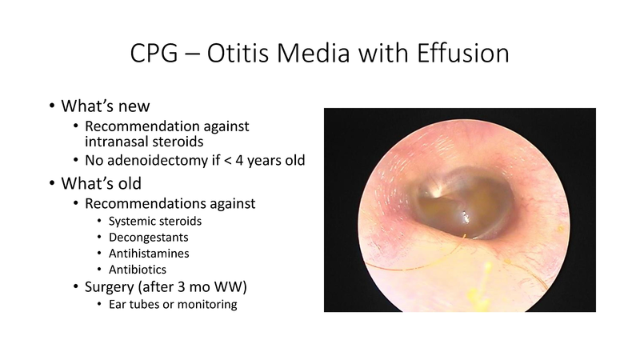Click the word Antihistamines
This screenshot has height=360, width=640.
[146, 254]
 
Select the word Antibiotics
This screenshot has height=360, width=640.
[132, 270]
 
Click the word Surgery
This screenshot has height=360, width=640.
[111, 288]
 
